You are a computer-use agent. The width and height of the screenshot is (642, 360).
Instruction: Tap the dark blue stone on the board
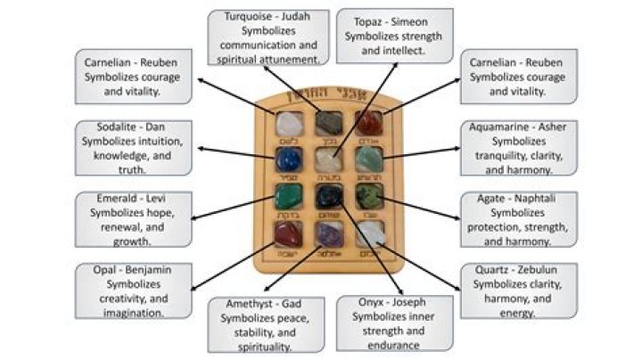coord(289,159)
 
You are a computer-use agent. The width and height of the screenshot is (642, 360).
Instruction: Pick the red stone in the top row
coord(368,122)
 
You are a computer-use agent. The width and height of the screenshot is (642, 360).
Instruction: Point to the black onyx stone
coord(329,196)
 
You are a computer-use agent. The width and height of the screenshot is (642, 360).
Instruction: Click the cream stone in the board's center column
coord(329,160)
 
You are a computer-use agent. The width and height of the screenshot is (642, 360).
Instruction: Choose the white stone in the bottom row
coord(368,233)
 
